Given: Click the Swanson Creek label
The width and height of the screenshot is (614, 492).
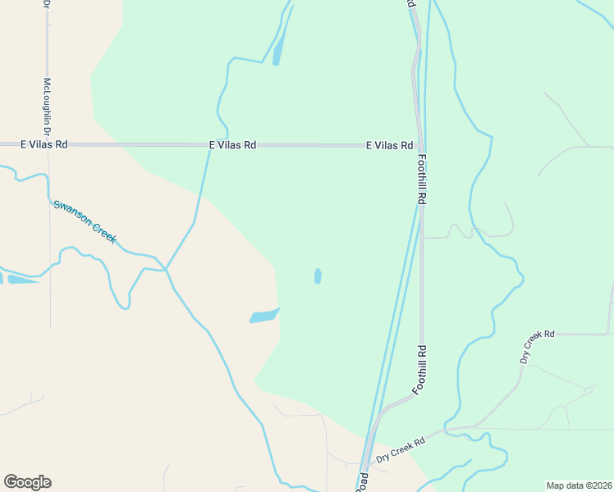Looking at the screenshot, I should pyautogui.click(x=85, y=221).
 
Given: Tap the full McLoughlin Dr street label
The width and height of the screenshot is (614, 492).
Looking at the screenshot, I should pyautogui.click(x=47, y=107).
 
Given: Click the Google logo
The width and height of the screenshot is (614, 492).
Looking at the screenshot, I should pyautogui.click(x=27, y=482).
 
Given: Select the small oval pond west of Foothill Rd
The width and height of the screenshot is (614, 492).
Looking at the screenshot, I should pyautogui.click(x=318, y=276).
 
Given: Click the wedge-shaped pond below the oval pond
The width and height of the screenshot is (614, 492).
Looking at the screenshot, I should pyautogui.click(x=263, y=316).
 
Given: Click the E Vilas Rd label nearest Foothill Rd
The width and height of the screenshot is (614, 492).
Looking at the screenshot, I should pyautogui.click(x=389, y=145).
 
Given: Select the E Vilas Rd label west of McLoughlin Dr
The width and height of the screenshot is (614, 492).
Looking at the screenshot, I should pyautogui.click(x=44, y=144).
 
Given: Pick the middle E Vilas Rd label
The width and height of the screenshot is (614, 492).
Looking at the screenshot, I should pyautogui.click(x=232, y=144).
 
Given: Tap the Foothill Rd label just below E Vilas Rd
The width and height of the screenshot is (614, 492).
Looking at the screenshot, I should pyautogui.click(x=422, y=180).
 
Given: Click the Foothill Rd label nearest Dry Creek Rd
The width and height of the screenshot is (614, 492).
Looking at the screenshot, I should pyautogui.click(x=420, y=370).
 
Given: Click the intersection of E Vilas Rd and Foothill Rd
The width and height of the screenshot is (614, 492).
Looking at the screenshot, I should pyautogui.click(x=420, y=145).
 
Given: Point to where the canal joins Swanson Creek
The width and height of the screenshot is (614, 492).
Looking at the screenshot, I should pyautogui.click(x=166, y=268).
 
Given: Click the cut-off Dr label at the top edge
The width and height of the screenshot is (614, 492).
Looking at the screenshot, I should pyautogui.click(x=47, y=4).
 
